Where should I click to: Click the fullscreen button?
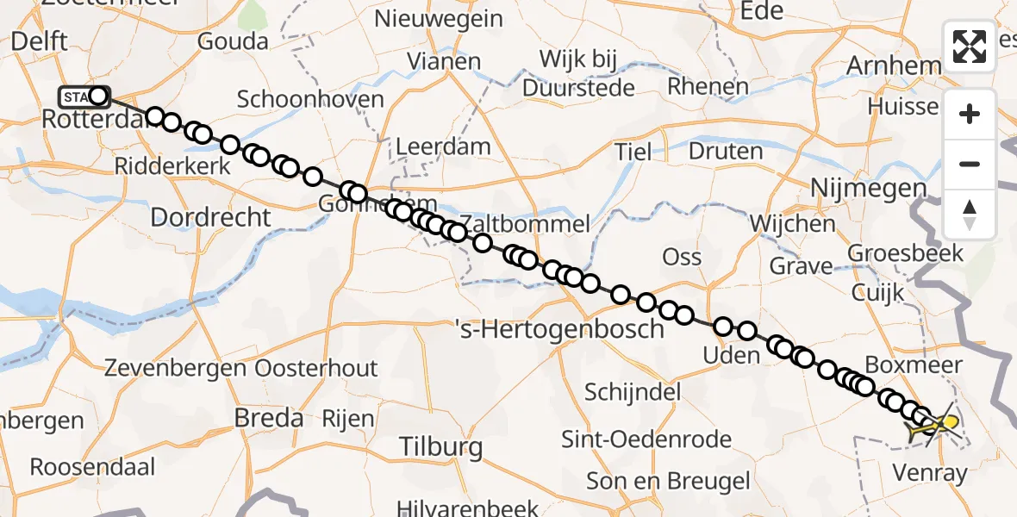pos(970,47)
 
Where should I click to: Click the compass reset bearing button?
pos(970,214)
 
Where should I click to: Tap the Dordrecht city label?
pos(210,217)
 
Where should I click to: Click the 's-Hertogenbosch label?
pos(559,328)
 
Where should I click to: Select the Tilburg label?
pos(440,446)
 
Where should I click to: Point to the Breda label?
pos(269,419)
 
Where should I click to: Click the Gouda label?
pos(233,41)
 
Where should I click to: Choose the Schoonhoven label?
pos(310,99)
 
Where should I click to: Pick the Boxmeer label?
pos(913,364)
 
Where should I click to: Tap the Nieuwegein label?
pos(427,18)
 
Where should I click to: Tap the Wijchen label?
pos(792,224)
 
